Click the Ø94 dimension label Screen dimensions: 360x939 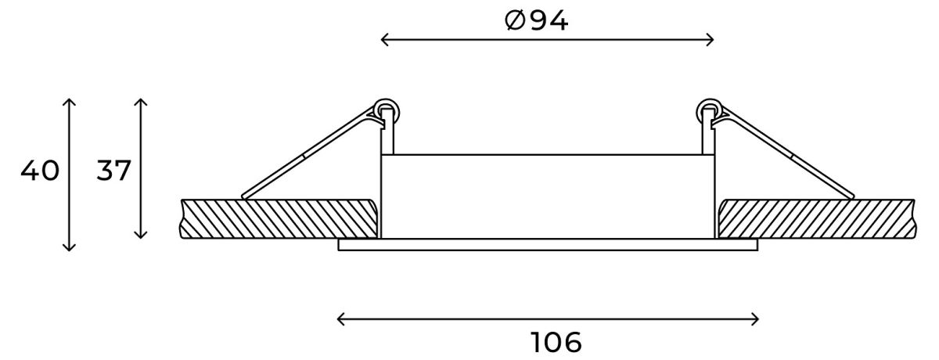(537, 21)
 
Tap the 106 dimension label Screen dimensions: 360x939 (556, 342)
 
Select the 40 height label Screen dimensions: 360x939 (40, 171)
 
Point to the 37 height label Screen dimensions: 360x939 (113, 171)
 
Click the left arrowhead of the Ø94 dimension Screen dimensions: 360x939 (384, 39)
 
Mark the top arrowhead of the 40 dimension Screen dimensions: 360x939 (69, 102)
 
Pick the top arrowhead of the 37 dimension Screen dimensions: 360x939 (141, 102)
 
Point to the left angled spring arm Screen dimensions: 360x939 (309, 154)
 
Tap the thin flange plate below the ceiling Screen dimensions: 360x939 (548, 246)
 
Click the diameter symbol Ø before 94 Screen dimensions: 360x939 (514, 21)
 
